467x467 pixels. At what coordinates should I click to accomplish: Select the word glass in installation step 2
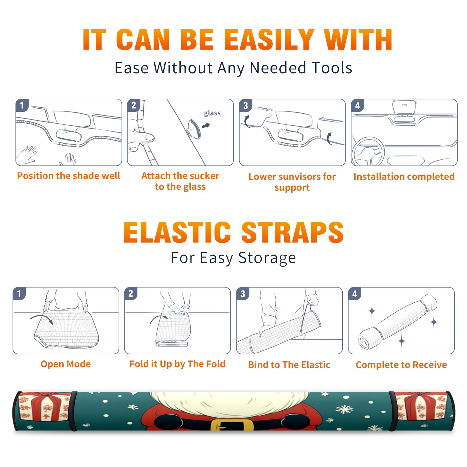[x=212, y=113]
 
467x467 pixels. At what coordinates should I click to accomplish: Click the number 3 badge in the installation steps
[x=245, y=106]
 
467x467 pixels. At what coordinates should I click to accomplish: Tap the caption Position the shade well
[x=69, y=176]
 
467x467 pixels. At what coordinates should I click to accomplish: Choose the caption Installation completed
[x=404, y=176]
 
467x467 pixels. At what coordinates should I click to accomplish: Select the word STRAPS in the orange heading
[x=292, y=232]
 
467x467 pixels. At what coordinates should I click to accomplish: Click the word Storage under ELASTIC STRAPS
[x=267, y=258]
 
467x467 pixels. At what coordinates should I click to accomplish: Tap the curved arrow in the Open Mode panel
[x=42, y=319]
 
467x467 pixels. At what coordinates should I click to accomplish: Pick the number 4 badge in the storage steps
[x=355, y=294]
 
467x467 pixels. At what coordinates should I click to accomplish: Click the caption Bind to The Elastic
[x=289, y=365]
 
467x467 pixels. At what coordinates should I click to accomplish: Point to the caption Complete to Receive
[x=401, y=365]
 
